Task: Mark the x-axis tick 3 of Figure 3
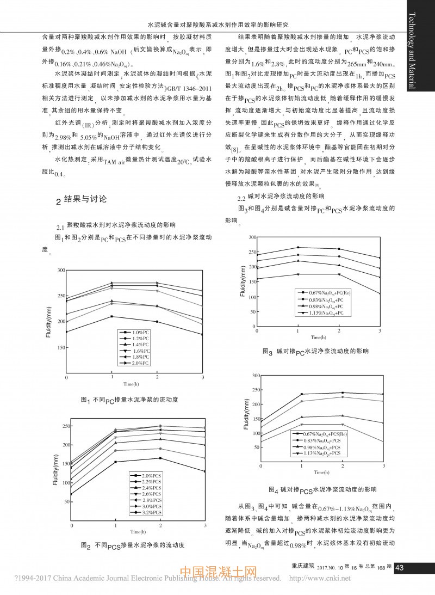pos(380,331)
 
